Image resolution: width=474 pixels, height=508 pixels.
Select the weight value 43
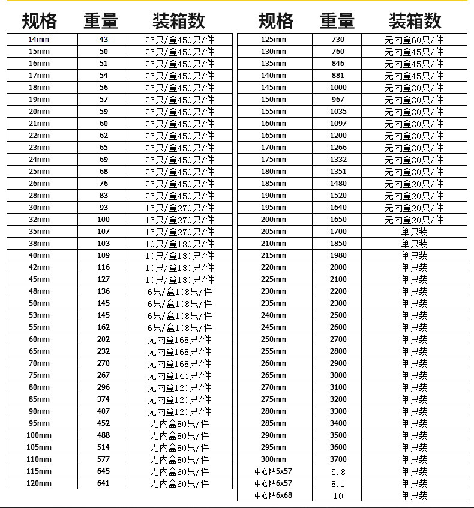pos(104,40)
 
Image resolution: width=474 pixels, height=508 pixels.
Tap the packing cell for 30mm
pos(179,208)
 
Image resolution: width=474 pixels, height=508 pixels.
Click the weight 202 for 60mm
pos(104,339)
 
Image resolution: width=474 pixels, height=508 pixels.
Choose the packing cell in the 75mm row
pos(179,375)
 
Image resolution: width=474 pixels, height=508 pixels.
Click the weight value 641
pos(104,483)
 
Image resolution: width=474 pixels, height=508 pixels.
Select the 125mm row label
pos(274,40)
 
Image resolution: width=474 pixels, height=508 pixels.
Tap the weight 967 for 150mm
pos(338,100)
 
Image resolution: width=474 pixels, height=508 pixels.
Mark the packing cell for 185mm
pos(414,184)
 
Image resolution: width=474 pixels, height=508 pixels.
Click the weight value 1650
pos(338,220)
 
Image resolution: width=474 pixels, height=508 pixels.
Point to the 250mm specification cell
pos(274,339)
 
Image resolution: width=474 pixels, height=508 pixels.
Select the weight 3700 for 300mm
pos(338,459)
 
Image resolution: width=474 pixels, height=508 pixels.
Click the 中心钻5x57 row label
pos(274,471)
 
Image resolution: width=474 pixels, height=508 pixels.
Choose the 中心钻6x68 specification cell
pos(274,495)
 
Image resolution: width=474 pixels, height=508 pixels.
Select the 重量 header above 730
pos(337,22)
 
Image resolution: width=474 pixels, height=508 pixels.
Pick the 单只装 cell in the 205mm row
pos(414,232)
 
